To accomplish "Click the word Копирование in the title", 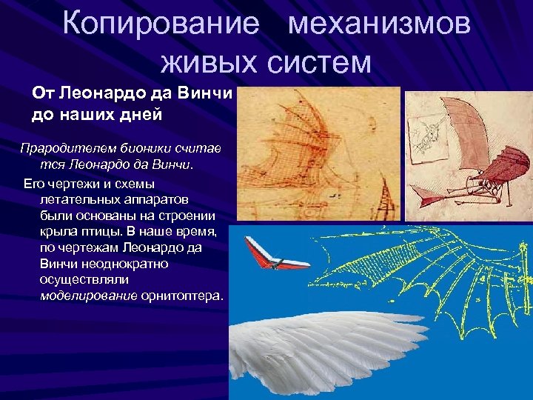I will (x=161, y=24).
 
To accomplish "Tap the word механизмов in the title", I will (x=379, y=24).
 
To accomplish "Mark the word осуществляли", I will (x=84, y=279).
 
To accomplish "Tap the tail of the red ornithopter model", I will (x=429, y=194).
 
